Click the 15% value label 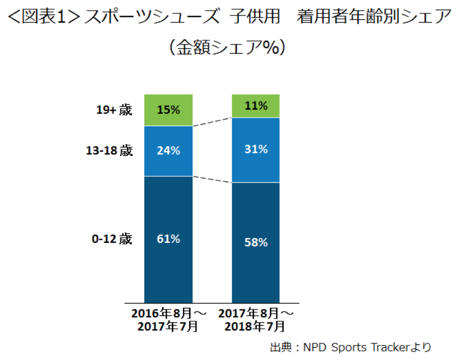(168, 110)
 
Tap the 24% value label (168, 151)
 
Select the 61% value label (168, 239)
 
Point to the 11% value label (256, 106)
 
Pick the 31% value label (256, 149)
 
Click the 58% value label (256, 242)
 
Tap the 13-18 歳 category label (109, 151)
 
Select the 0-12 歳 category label (111, 239)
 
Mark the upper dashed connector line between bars (212, 122)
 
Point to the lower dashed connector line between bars (212, 179)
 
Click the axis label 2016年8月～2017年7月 (168, 319)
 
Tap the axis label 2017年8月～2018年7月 (256, 319)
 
